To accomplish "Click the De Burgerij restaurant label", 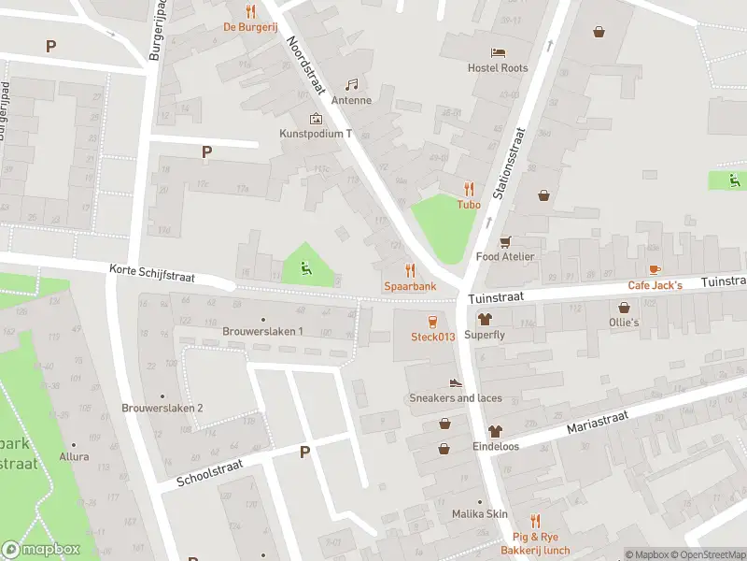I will click(249, 27).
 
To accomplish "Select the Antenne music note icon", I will click(352, 84).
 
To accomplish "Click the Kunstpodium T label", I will click(316, 134).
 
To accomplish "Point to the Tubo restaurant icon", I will click(468, 188).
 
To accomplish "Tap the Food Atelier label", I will click(505, 256).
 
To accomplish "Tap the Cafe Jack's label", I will click(655, 285).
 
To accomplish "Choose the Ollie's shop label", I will click(624, 323).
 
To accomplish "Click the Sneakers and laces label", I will click(456, 398).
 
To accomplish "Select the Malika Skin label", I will click(479, 514).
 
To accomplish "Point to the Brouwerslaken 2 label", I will click(162, 408).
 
